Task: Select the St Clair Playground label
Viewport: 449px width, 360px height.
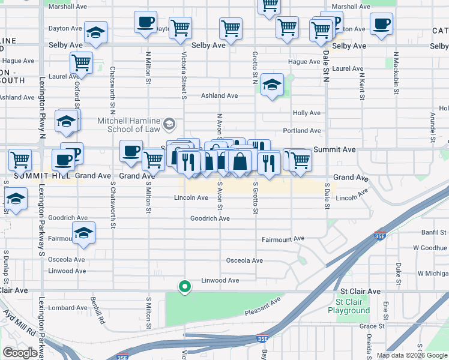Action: (x=349, y=306)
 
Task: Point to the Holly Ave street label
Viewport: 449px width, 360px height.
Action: (x=306, y=113)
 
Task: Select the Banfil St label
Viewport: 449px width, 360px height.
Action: (x=433, y=232)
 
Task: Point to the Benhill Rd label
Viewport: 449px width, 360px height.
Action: (x=94, y=310)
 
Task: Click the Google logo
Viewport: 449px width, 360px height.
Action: (x=20, y=353)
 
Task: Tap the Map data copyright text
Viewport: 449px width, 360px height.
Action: (x=411, y=355)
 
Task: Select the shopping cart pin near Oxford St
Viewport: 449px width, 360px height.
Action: (x=80, y=61)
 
